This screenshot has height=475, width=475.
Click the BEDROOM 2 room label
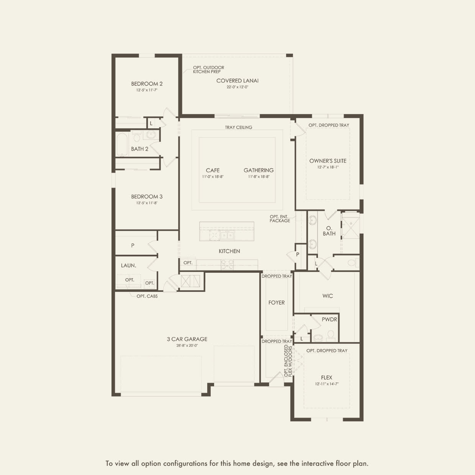(147, 84)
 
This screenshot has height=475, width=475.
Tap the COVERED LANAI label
(237, 81)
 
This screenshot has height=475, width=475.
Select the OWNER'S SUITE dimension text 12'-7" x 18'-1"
(328, 167)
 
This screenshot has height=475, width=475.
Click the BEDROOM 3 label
(147, 197)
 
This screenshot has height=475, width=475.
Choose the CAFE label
(213, 170)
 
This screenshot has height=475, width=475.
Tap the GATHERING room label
(259, 170)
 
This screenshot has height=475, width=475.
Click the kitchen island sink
(226, 235)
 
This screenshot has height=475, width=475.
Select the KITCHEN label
(229, 251)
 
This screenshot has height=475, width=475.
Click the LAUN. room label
(128, 265)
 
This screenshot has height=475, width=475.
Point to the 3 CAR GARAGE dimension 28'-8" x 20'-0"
(187, 346)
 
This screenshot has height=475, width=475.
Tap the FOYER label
(276, 303)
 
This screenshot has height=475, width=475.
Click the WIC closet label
(328, 296)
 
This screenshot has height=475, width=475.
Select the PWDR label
(329, 319)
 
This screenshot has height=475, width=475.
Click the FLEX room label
(327, 378)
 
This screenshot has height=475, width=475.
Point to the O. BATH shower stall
(351, 228)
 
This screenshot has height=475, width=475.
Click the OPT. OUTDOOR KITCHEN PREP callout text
(208, 70)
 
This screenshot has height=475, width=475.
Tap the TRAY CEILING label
(238, 128)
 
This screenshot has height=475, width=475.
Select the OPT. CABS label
(147, 296)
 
